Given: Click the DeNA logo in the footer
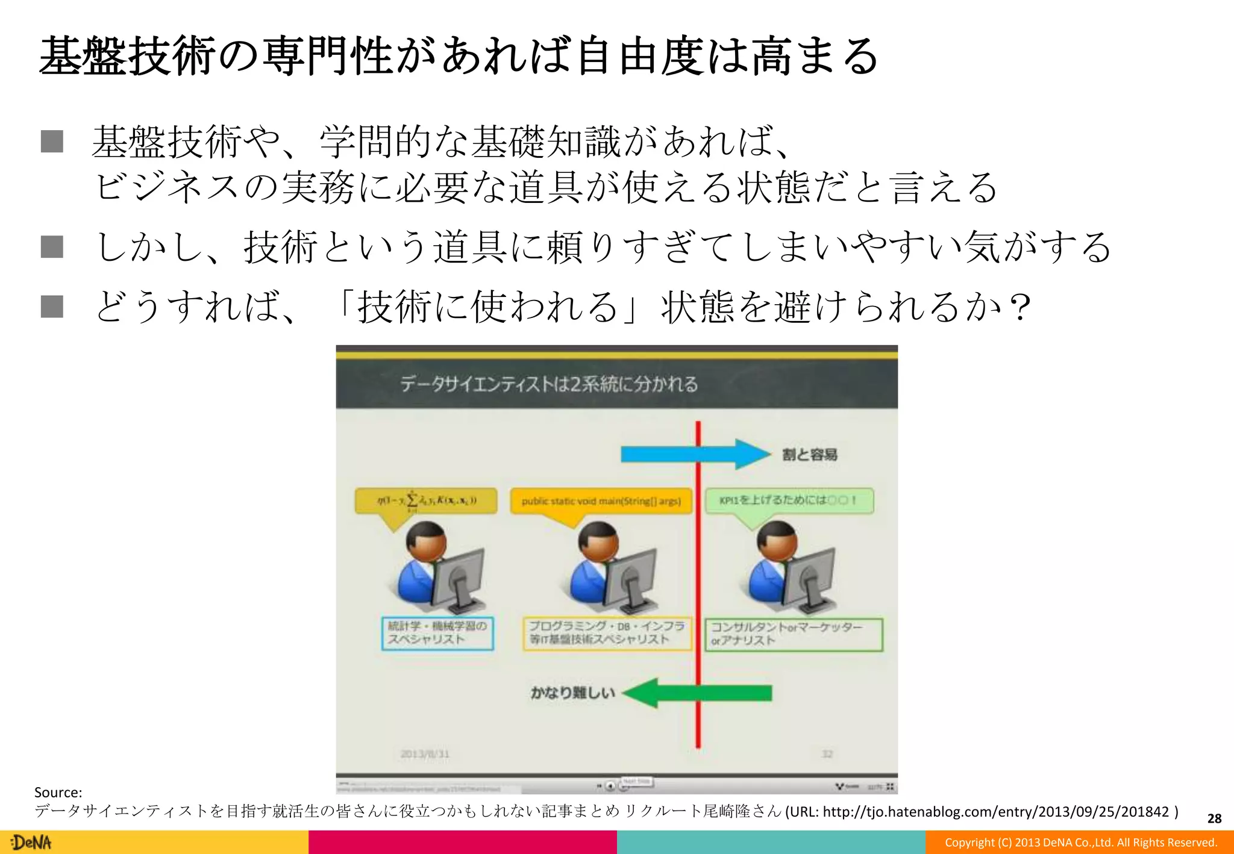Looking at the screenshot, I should coord(31,842).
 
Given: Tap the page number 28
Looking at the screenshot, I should coord(1214,818).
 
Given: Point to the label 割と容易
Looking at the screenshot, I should coord(809,455).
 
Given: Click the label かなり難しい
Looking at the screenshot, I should coord(572,693).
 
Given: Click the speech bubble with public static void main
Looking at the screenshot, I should coord(601,501).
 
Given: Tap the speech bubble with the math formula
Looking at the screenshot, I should coord(427,501).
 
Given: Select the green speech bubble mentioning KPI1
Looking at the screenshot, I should coord(789,500).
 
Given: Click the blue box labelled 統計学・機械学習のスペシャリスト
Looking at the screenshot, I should coord(437,633).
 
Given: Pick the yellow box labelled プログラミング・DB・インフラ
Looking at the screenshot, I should coord(607,633).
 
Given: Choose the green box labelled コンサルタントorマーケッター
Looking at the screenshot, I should coord(794,634).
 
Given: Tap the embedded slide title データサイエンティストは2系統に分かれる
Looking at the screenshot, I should coord(549,384).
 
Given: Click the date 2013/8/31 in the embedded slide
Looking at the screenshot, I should coord(425,753).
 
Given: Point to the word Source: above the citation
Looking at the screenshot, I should coord(58,792).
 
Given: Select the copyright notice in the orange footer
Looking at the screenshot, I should coord(1080,842).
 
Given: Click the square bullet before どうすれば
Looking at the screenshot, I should coord(52,306).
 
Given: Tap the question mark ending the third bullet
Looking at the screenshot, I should coord(1020,307).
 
